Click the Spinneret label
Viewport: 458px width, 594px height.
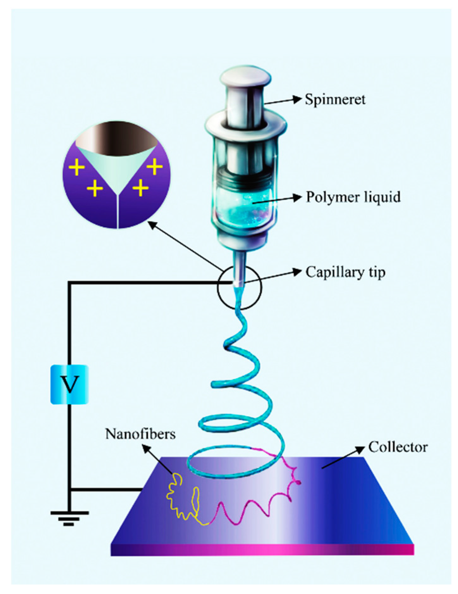pyautogui.click(x=335, y=99)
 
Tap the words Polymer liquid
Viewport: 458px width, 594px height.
pyautogui.click(x=353, y=197)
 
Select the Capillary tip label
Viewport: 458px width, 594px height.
pyautogui.click(x=345, y=272)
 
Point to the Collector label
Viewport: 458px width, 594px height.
pyautogui.click(x=398, y=447)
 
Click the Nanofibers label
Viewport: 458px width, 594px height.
pyautogui.click(x=140, y=434)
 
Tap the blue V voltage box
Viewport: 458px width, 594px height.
pyautogui.click(x=70, y=384)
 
